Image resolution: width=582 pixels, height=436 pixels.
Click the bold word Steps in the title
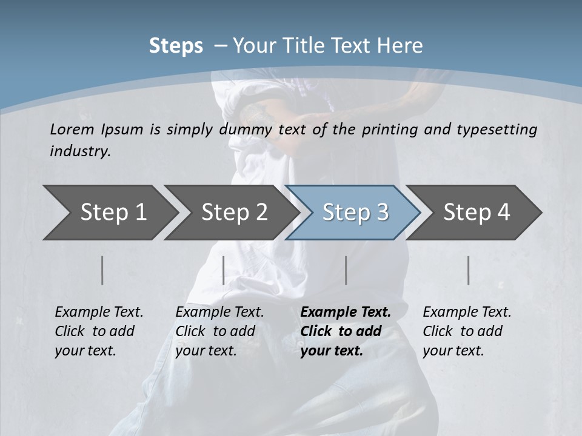point(176,46)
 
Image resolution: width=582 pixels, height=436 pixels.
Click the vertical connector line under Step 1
point(102,270)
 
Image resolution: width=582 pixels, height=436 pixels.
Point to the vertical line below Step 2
point(224,270)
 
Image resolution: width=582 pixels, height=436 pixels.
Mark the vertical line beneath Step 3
point(346,270)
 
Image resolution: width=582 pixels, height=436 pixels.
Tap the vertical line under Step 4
point(469,270)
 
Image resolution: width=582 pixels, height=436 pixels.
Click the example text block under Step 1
point(99,331)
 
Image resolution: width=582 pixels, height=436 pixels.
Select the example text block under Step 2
point(219,331)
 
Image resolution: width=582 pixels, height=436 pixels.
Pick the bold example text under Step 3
point(346,331)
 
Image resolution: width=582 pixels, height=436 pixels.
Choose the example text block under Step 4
point(467,331)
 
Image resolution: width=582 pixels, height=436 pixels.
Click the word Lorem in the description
point(72,129)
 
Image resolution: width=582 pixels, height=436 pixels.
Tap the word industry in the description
point(80,151)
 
